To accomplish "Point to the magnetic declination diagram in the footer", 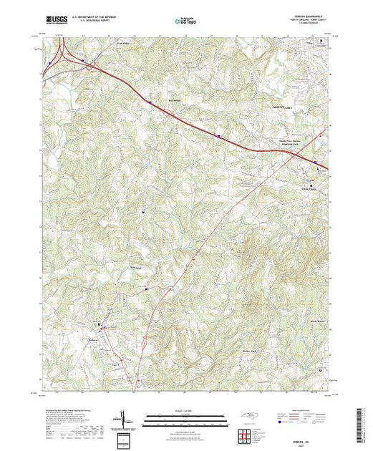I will click(124, 417).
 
